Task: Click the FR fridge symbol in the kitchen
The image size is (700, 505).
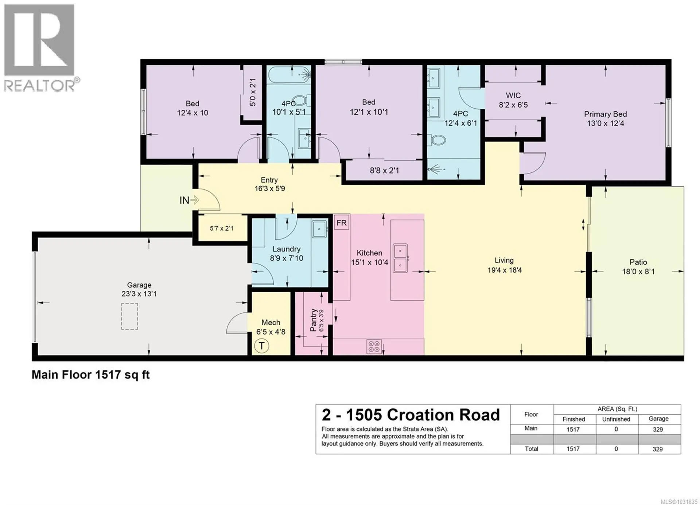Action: pos(341,223)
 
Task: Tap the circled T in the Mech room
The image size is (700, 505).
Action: pos(261,345)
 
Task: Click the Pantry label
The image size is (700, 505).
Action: pos(313,320)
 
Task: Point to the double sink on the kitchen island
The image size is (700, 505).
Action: pos(400,258)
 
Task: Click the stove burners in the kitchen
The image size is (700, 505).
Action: pos(374,346)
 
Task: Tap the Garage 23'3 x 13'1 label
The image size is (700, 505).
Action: pos(139,289)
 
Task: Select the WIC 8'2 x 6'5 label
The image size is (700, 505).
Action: pos(513,100)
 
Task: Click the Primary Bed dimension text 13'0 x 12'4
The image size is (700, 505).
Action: pos(605,124)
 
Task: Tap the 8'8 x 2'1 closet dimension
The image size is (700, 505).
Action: pos(384,170)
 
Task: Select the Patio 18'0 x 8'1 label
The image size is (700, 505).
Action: pos(638,267)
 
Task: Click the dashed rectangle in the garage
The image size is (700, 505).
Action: pos(129,316)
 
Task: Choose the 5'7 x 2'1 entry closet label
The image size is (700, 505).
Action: pos(221,228)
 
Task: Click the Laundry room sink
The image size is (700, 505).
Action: pos(319,229)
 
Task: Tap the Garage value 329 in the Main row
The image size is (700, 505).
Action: pos(658,430)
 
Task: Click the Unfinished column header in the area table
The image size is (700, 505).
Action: pos(616,419)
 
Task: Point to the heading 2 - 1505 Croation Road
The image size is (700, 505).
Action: pos(411,415)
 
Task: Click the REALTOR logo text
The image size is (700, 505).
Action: pos(39,86)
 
